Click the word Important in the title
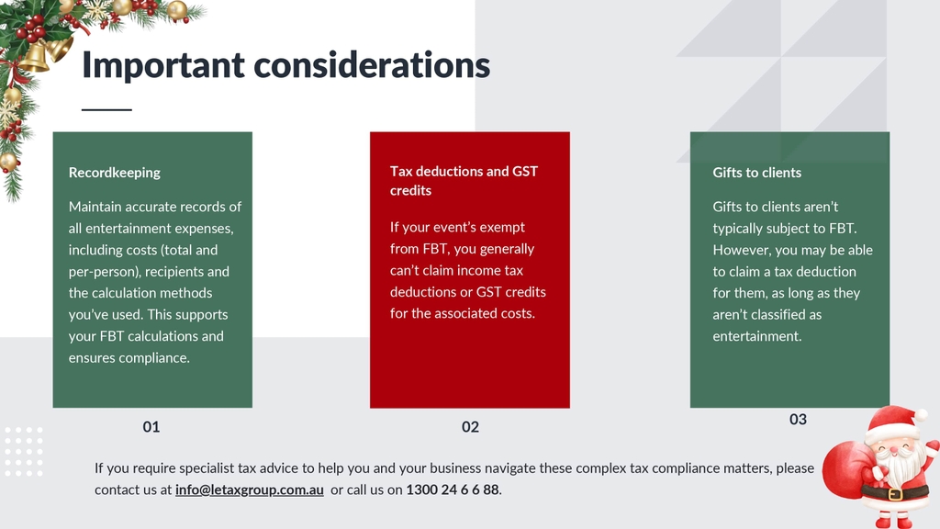click(163, 65)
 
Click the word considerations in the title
click(372, 65)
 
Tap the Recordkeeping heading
click(115, 173)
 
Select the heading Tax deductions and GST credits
click(464, 181)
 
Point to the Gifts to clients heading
click(756, 173)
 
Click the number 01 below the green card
click(151, 427)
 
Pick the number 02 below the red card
click(470, 427)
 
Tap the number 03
click(798, 419)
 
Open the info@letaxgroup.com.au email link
click(250, 490)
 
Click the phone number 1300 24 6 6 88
click(453, 490)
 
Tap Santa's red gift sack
click(846, 470)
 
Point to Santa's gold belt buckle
click(895, 495)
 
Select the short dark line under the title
click(106, 110)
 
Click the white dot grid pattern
click(23, 452)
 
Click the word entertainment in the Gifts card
click(756, 336)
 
